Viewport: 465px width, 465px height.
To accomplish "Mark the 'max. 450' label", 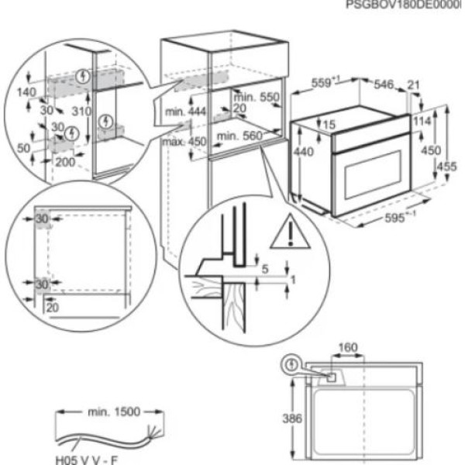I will (x=183, y=141).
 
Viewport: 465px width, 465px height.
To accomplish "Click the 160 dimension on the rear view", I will (x=348, y=348).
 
